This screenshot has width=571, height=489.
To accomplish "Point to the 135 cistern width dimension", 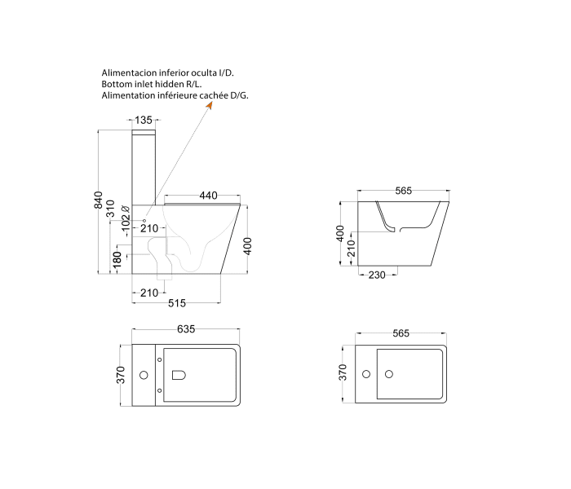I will coord(144,121).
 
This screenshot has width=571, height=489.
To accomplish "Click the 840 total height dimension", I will coord(99,200).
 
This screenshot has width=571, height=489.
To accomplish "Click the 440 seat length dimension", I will coord(208,196).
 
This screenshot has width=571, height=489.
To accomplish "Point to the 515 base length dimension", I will coord(177,303).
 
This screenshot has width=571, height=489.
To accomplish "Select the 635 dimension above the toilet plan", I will coord(186,329).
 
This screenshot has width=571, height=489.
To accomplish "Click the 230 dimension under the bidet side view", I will coord(376,275).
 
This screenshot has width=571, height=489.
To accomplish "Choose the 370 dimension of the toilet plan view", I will coord(121,375).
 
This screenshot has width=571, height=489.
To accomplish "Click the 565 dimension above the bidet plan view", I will coord(401,333).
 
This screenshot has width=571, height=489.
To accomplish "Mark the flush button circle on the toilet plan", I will coord(144,375).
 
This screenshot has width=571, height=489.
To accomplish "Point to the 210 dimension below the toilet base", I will coord(148,293).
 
